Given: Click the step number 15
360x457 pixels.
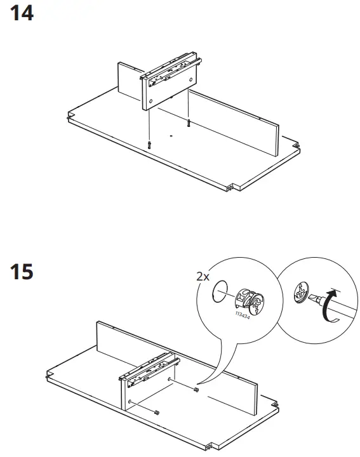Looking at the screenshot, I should tap(22, 272).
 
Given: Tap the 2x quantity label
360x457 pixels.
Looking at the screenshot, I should tap(203, 276).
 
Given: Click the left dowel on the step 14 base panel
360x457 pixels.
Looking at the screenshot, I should tap(149, 145).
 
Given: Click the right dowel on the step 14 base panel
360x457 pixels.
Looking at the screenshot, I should tap(189, 123).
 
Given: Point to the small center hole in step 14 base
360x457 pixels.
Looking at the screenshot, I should tap(171, 135).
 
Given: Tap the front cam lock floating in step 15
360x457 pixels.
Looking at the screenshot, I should tap(157, 413).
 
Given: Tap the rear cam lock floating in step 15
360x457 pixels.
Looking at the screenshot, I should tap(196, 389).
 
